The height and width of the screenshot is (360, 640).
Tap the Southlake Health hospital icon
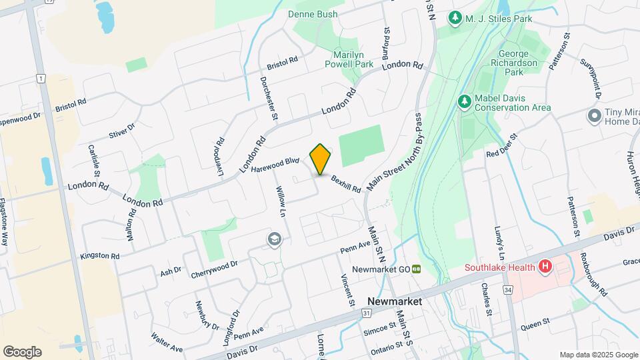pos(545,267)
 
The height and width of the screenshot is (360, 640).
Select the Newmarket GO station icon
pos(415,269)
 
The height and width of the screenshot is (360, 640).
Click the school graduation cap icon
pos(273,239)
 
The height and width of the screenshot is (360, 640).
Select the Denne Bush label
pos(313,14)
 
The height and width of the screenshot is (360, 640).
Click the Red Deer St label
pos(502,145)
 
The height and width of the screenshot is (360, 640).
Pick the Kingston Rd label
pos(100,255)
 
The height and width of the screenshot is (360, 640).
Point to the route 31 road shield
pos(367,312)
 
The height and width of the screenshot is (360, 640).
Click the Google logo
pos(22,351)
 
